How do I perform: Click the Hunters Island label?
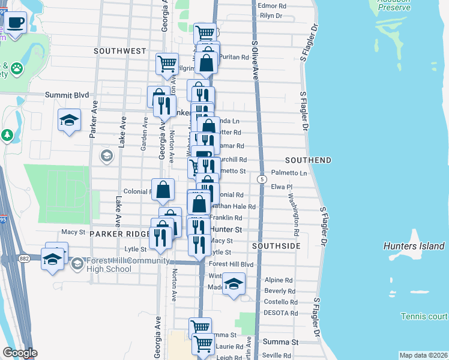pos(414,246)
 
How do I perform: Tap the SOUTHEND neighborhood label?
pos(308,160)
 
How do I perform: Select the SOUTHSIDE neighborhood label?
pos(276,246)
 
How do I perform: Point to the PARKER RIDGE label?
pos(119,233)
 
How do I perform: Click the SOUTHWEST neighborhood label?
pos(120,51)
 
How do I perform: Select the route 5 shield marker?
pos(262,179)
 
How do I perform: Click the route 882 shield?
pos(23,259)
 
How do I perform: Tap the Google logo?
pos(20,353)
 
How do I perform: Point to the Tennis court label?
pos(424,316)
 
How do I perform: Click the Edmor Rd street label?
pos(271,6)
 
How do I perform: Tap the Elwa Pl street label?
pos(282,187)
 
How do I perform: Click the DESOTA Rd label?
pos(280,313)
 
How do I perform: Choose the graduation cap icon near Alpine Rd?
pos(233,284)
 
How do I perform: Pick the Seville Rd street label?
pos(278,355)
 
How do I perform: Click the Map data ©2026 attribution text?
pos(423,355)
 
